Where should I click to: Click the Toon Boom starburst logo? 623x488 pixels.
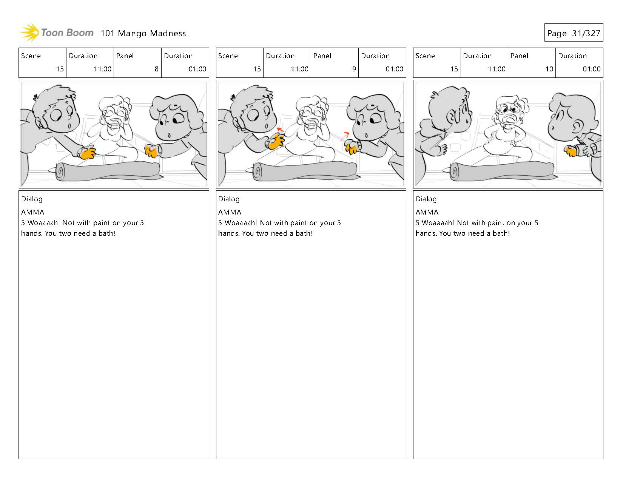tap(30, 32)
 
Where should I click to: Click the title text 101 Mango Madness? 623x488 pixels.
tap(143, 33)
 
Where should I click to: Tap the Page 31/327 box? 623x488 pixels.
tap(574, 32)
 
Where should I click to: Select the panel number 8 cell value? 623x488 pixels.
tap(157, 69)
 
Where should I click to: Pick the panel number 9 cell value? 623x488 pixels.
tap(354, 69)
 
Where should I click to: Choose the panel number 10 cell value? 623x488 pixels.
tap(549, 69)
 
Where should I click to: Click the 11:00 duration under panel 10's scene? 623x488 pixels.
tap(497, 69)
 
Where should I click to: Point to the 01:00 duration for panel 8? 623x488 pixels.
tap(197, 69)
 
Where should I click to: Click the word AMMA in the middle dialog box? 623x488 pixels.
tap(230, 212)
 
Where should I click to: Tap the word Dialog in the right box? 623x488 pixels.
tap(426, 199)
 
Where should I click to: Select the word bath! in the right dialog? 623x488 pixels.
tap(501, 233)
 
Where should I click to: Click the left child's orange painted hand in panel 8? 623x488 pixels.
tap(88, 153)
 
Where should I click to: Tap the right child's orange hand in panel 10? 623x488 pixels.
tap(571, 151)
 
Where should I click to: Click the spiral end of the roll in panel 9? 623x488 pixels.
tap(257, 172)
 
